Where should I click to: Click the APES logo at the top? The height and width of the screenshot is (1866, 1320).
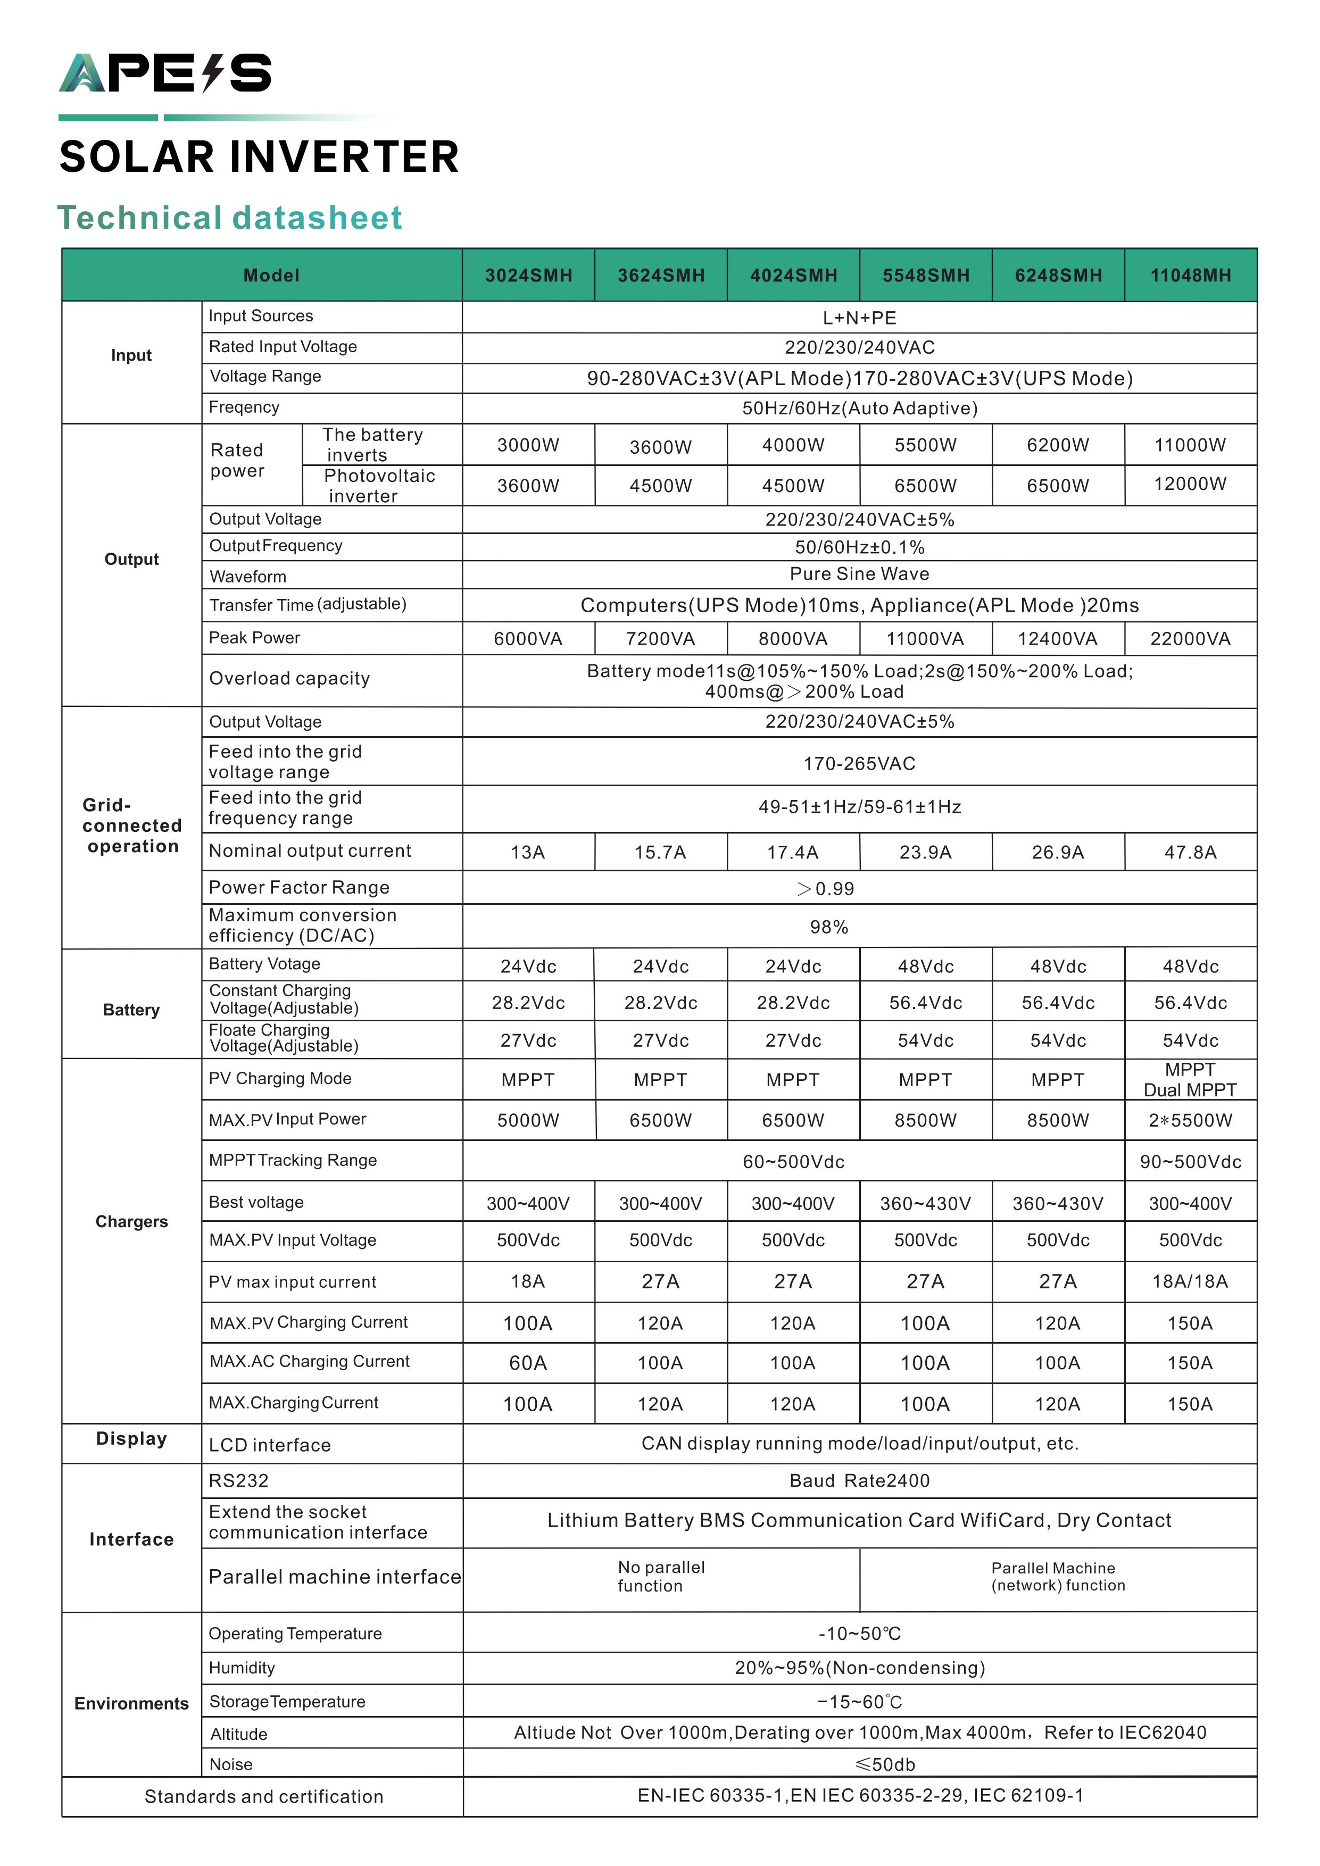[165, 73]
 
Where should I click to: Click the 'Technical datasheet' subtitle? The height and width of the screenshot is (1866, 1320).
[230, 218]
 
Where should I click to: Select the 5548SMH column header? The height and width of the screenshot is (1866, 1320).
[926, 276]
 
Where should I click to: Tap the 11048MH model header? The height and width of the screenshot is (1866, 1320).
[1190, 276]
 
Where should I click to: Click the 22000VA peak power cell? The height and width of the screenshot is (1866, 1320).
[1190, 639]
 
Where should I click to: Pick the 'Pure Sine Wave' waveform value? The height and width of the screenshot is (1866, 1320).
[859, 574]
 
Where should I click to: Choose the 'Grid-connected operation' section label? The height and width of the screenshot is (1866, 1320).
[131, 826]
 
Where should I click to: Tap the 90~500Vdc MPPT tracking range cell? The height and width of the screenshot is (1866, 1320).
[1190, 1161]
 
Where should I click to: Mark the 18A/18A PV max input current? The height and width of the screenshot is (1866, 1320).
[1190, 1281]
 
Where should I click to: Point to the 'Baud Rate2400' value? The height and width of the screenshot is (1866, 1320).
[859, 1481]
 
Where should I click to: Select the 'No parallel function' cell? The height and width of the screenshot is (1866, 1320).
[661, 1577]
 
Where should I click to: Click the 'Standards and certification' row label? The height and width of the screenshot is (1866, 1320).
[263, 1797]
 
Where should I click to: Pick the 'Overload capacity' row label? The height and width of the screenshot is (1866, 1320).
[289, 679]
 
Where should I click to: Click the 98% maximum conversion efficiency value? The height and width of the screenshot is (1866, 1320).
[828, 927]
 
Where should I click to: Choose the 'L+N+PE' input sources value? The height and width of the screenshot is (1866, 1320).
[859, 318]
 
